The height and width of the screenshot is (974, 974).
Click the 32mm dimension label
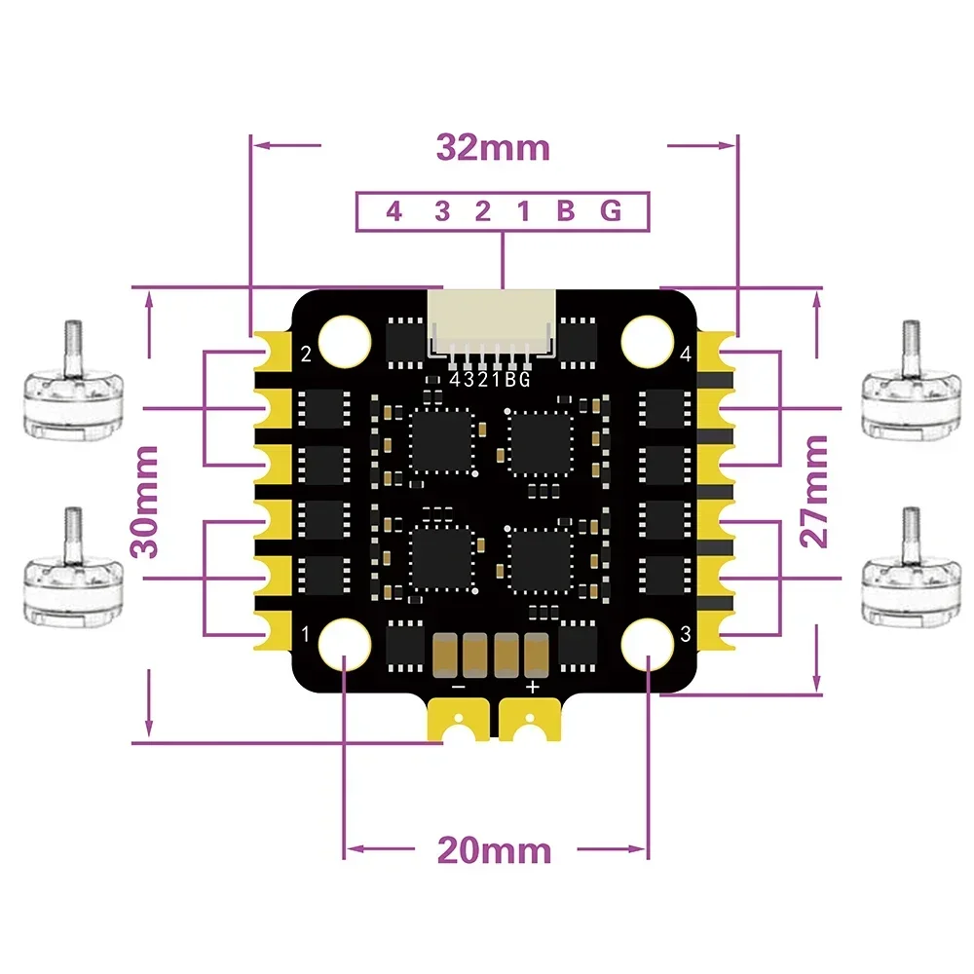pos(493,148)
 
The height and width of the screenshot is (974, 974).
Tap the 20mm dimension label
pos(494,850)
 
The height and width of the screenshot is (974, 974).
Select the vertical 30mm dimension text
pos(147,501)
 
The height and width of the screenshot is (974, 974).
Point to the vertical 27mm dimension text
pos(815,491)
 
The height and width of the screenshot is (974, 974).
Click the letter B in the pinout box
pos(566,211)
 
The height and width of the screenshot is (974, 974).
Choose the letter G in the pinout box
pos(611,211)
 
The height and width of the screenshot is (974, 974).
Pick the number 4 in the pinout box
pos(393,211)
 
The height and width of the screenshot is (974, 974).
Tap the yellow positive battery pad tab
pos(530,722)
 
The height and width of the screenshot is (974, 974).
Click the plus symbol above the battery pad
pos(532,687)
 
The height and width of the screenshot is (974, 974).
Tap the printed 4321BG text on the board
pos(490,381)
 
